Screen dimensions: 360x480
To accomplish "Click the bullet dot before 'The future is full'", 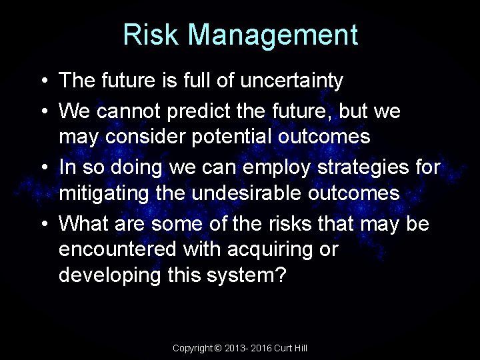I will coord(43,81).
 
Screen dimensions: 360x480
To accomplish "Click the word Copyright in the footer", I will coord(193,348).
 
